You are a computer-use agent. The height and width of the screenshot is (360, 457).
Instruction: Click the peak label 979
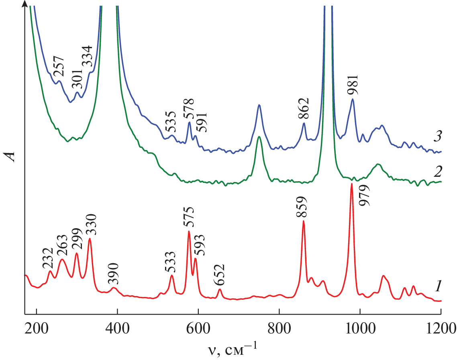pos(365,196)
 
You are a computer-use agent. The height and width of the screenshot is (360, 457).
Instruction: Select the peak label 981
pos(353,85)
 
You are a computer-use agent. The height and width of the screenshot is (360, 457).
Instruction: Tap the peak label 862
pos(304,108)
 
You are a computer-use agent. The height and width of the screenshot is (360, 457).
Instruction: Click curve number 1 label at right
pos(439,286)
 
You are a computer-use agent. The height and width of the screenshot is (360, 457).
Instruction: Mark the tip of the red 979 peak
pos(352,184)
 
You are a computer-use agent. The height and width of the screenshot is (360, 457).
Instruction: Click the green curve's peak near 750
pos(259,137)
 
